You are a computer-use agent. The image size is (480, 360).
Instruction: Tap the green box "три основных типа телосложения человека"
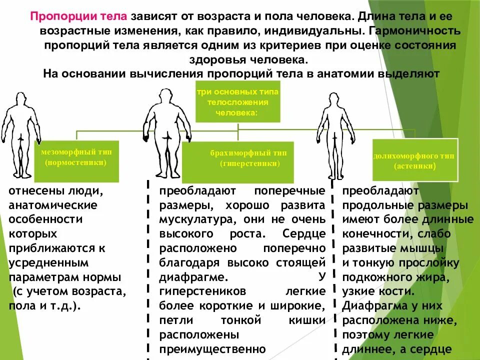coord(237,101)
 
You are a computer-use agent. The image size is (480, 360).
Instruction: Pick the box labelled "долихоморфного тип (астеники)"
coord(415,160)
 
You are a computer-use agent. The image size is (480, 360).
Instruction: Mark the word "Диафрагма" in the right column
coord(374,305)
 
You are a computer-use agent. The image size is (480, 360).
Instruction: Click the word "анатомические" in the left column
coord(53,205)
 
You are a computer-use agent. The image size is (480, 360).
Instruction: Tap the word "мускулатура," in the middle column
coord(192,219)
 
